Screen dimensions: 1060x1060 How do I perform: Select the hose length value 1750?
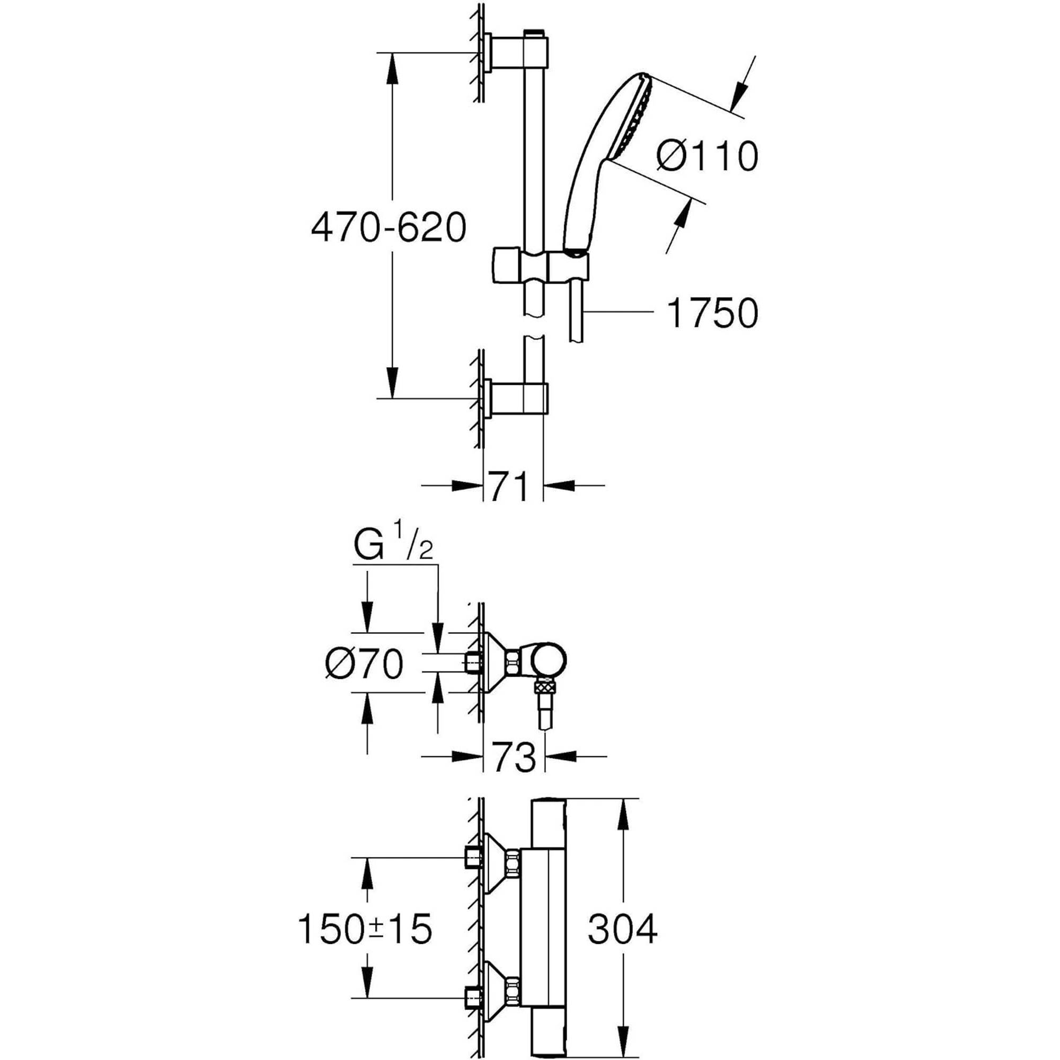coord(712,313)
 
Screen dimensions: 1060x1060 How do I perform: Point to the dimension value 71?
coord(509,485)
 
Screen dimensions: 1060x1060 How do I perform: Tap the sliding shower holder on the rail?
coord(541,266)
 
